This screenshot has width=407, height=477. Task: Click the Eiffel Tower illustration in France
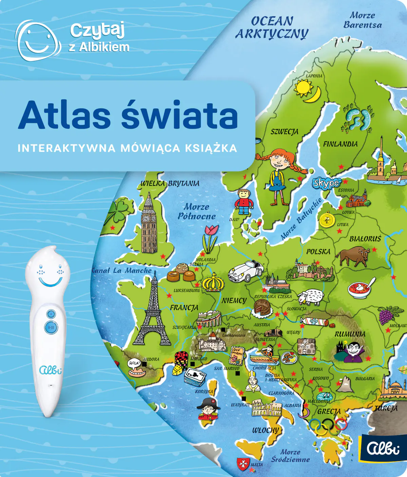click(x=152, y=313)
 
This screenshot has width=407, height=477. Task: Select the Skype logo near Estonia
click(x=326, y=183)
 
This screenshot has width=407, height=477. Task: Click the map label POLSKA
click(x=318, y=252)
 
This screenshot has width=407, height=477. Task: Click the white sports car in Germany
click(x=246, y=270)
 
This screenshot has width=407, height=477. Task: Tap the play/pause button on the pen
click(x=51, y=328)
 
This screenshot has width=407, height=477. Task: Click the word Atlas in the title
click(x=64, y=115)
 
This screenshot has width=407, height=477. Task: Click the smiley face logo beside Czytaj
click(x=37, y=40)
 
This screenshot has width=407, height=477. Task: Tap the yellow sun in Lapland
click(x=303, y=87)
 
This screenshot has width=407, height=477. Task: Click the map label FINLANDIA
click(x=340, y=144)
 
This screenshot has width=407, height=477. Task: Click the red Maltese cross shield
click(x=243, y=463)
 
